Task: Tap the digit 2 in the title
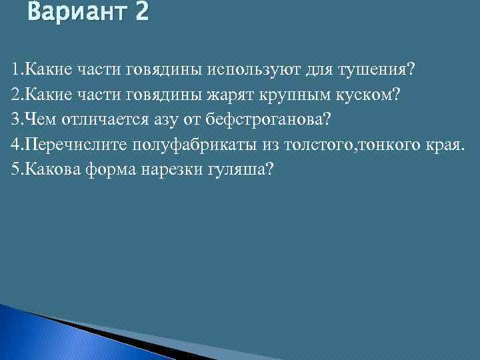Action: [x=141, y=13]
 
